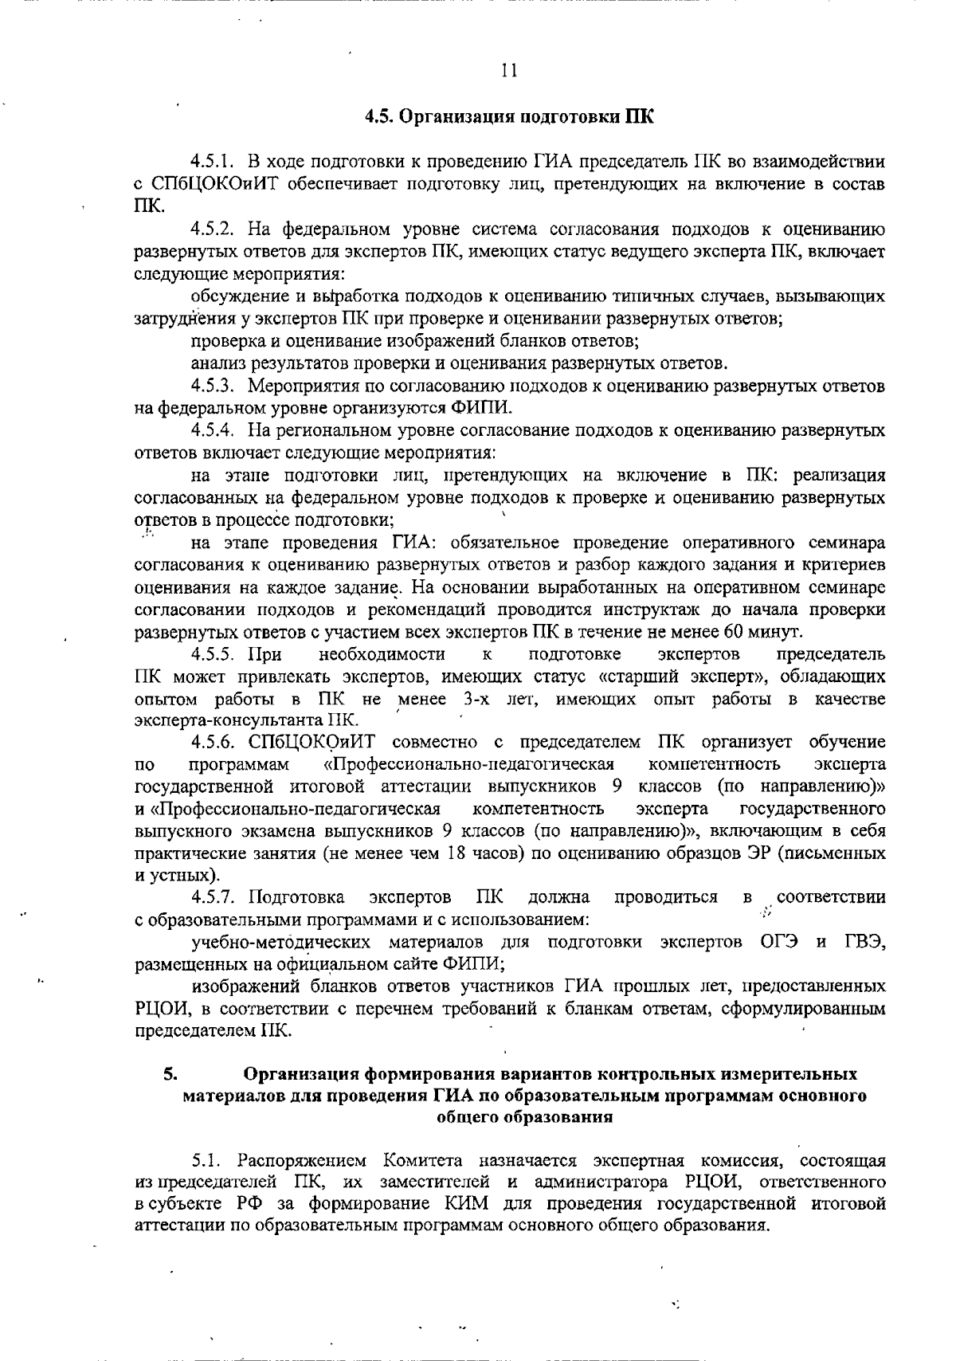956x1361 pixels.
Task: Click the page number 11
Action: pyautogui.click(x=510, y=71)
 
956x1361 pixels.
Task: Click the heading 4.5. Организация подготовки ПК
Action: pyautogui.click(x=509, y=117)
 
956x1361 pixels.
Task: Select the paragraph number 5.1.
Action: pyautogui.click(x=209, y=1159)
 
